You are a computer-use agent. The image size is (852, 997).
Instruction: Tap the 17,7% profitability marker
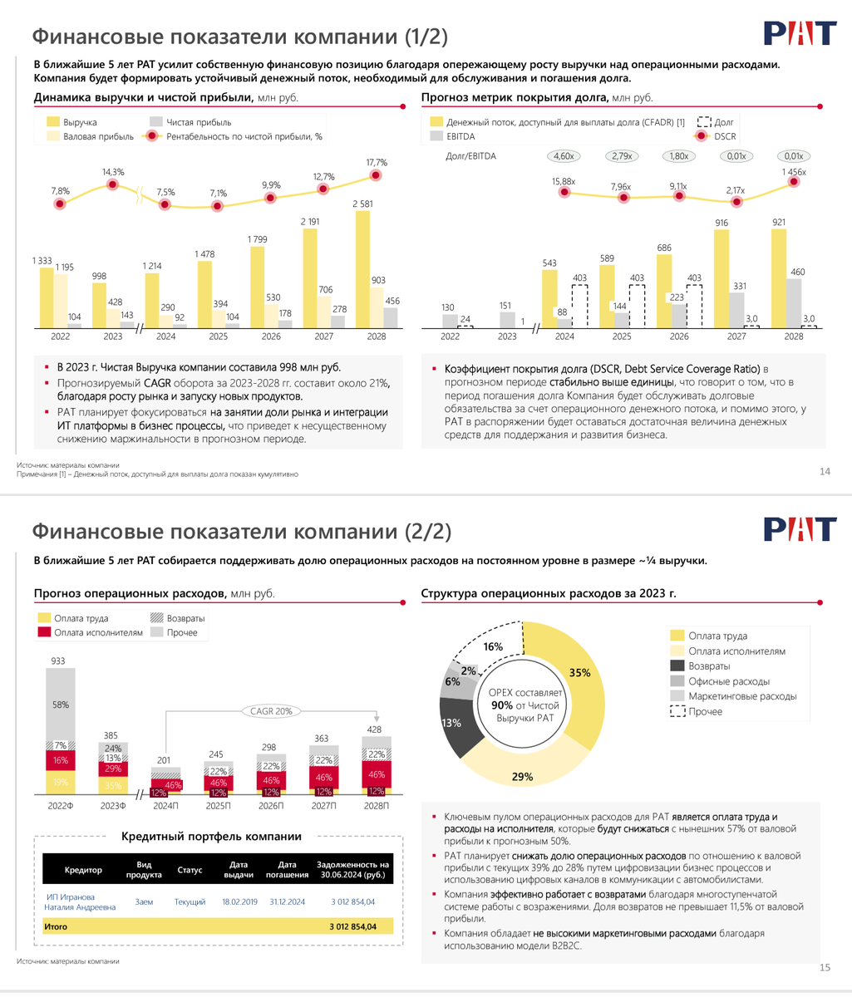click(x=377, y=175)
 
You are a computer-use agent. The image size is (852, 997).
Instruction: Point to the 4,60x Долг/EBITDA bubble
click(x=564, y=156)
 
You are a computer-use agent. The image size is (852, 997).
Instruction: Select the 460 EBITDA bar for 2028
click(x=795, y=303)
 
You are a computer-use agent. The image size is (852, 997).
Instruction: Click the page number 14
click(x=825, y=472)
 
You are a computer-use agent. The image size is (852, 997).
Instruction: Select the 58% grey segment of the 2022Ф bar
click(x=60, y=704)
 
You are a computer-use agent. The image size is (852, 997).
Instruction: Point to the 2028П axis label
click(x=376, y=807)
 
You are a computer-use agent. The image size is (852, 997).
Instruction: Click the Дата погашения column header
click(x=288, y=870)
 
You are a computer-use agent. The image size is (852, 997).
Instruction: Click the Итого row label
click(x=57, y=926)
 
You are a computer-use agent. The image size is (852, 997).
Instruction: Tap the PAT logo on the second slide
click(x=799, y=529)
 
